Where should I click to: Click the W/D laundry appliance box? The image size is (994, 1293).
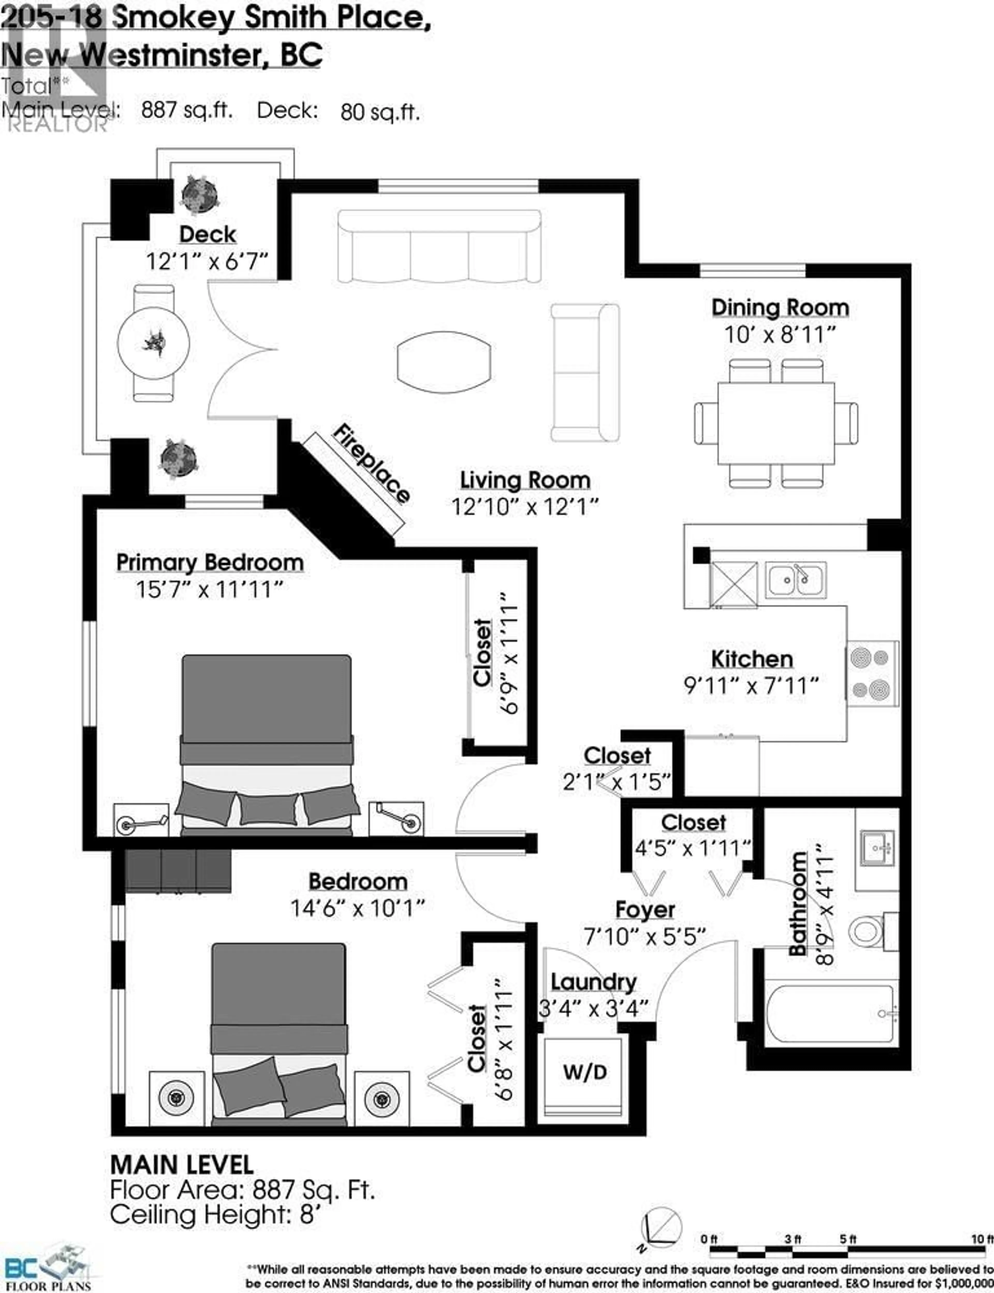coord(584,1072)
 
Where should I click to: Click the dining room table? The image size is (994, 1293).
coord(776,423)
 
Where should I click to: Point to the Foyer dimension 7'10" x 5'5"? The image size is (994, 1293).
coord(645,936)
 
